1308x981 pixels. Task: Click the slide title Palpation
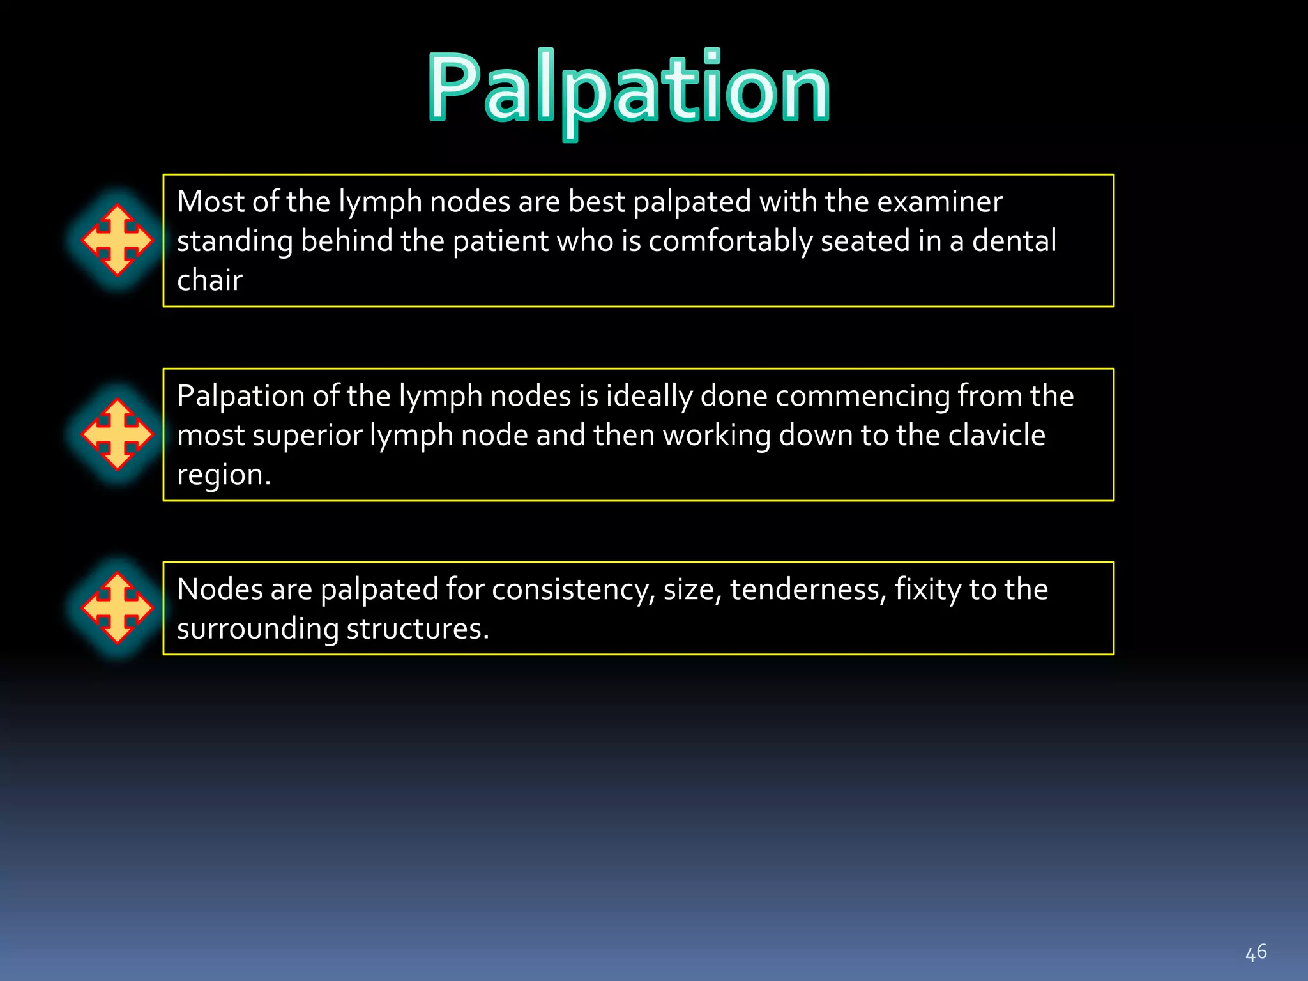click(x=629, y=89)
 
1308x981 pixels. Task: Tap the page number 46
click(x=1256, y=953)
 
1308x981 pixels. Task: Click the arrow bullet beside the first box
click(x=118, y=240)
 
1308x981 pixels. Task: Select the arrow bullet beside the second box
click(x=118, y=434)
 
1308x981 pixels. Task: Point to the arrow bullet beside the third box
click(x=118, y=608)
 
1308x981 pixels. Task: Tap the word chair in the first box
click(x=209, y=281)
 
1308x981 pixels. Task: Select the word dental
click(x=1014, y=241)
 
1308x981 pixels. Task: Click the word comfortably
click(x=731, y=241)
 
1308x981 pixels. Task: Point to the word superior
click(x=308, y=436)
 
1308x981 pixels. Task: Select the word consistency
click(x=573, y=589)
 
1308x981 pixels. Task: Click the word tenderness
click(x=808, y=589)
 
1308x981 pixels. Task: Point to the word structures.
click(x=418, y=629)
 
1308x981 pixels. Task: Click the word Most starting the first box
click(x=211, y=202)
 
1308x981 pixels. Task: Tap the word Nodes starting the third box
click(x=220, y=589)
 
